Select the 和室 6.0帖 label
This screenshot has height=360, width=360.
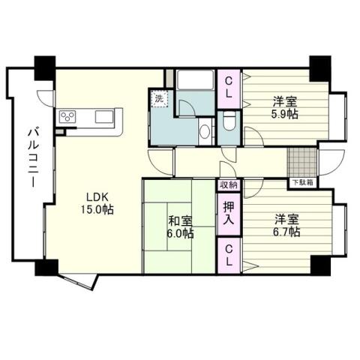tap(180, 226)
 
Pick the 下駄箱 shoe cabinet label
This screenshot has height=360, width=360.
tap(304, 182)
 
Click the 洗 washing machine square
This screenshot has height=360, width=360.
tap(160, 97)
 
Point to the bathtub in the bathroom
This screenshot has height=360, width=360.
tap(196, 82)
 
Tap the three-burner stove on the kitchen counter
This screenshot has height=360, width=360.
tap(69, 116)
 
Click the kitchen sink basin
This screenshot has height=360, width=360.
tap(103, 116)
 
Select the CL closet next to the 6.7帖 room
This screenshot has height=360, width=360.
tap(229, 255)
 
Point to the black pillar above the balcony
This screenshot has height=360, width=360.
tap(44, 66)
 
